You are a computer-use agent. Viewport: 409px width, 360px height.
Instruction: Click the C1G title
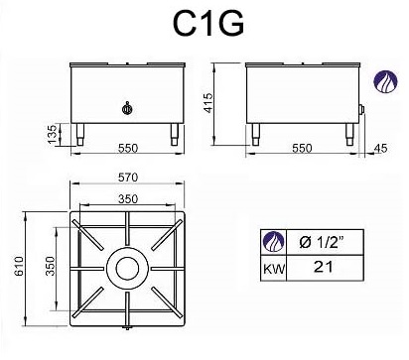(208, 23)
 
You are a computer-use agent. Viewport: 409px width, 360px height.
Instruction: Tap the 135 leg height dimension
(53, 134)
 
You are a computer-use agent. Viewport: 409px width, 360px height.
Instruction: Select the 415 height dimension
(208, 103)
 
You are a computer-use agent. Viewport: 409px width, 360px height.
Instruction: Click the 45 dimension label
(380, 148)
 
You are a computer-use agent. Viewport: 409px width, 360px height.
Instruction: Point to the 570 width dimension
(128, 178)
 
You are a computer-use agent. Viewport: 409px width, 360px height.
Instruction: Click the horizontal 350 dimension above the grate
(128, 199)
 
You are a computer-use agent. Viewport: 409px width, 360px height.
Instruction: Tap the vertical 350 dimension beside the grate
(50, 266)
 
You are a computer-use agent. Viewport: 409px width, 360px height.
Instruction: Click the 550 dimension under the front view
(128, 148)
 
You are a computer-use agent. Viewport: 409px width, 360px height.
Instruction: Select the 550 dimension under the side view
(302, 148)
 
